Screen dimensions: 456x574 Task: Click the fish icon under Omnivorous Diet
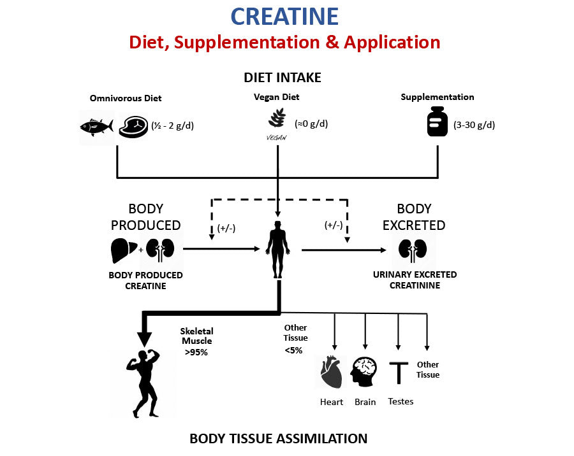96,126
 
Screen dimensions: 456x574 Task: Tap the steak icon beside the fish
133,125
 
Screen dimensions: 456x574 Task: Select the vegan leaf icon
277,119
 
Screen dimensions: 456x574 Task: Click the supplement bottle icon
438,122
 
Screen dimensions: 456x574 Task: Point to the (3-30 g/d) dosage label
474,125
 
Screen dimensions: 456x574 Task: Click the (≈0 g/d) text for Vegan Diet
311,124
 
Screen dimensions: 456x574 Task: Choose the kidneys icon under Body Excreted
413,250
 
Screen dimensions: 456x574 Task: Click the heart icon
331,373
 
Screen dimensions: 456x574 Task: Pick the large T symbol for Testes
399,373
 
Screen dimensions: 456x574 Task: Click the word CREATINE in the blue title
284,17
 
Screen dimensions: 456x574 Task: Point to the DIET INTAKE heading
282,78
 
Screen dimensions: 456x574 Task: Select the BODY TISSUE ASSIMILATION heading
278,439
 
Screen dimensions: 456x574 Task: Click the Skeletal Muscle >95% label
197,341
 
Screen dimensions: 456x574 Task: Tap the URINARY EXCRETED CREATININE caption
415,280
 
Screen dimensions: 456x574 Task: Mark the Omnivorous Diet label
126,98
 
